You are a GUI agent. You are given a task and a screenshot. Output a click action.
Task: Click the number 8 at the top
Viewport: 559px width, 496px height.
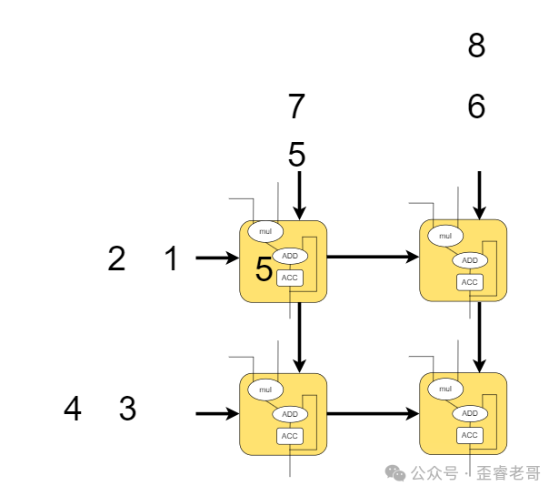click(476, 46)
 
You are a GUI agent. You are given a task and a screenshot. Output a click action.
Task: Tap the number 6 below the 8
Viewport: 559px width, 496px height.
click(476, 107)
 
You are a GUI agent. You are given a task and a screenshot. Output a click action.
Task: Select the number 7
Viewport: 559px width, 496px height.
click(296, 107)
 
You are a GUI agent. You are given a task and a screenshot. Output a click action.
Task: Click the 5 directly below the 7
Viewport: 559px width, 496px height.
click(297, 154)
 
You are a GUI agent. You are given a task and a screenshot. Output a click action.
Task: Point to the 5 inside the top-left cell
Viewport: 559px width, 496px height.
click(264, 269)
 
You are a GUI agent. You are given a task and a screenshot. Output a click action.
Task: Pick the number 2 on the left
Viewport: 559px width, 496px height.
click(116, 259)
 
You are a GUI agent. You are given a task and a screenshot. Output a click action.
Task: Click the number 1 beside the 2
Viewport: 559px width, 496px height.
click(172, 259)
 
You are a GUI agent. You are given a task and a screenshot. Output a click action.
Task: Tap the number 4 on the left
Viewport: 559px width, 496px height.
click(73, 410)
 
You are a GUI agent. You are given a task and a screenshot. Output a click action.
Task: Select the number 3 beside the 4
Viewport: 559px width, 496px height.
click(128, 410)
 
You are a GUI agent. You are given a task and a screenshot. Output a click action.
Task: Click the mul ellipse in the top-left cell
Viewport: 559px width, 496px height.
click(265, 232)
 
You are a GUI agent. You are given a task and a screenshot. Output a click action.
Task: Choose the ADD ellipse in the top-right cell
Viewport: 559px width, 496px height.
click(470, 260)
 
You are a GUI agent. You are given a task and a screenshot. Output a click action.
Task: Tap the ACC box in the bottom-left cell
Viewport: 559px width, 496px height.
click(290, 436)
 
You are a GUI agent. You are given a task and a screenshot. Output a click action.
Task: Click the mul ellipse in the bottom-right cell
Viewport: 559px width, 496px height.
click(445, 390)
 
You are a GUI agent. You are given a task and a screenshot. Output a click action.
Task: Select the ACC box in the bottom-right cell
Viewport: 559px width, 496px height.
click(470, 435)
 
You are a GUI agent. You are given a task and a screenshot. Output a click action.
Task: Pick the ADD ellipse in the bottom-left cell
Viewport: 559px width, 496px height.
click(290, 414)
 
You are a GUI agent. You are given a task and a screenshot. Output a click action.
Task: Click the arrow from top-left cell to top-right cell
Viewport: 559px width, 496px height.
click(373, 258)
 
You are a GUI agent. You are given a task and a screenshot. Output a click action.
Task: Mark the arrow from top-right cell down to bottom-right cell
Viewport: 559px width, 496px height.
click(480, 337)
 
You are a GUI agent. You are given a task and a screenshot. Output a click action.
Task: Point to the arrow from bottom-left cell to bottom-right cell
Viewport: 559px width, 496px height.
click(373, 414)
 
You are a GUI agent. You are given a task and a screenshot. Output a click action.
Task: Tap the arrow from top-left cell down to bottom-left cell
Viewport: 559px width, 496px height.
click(299, 337)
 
